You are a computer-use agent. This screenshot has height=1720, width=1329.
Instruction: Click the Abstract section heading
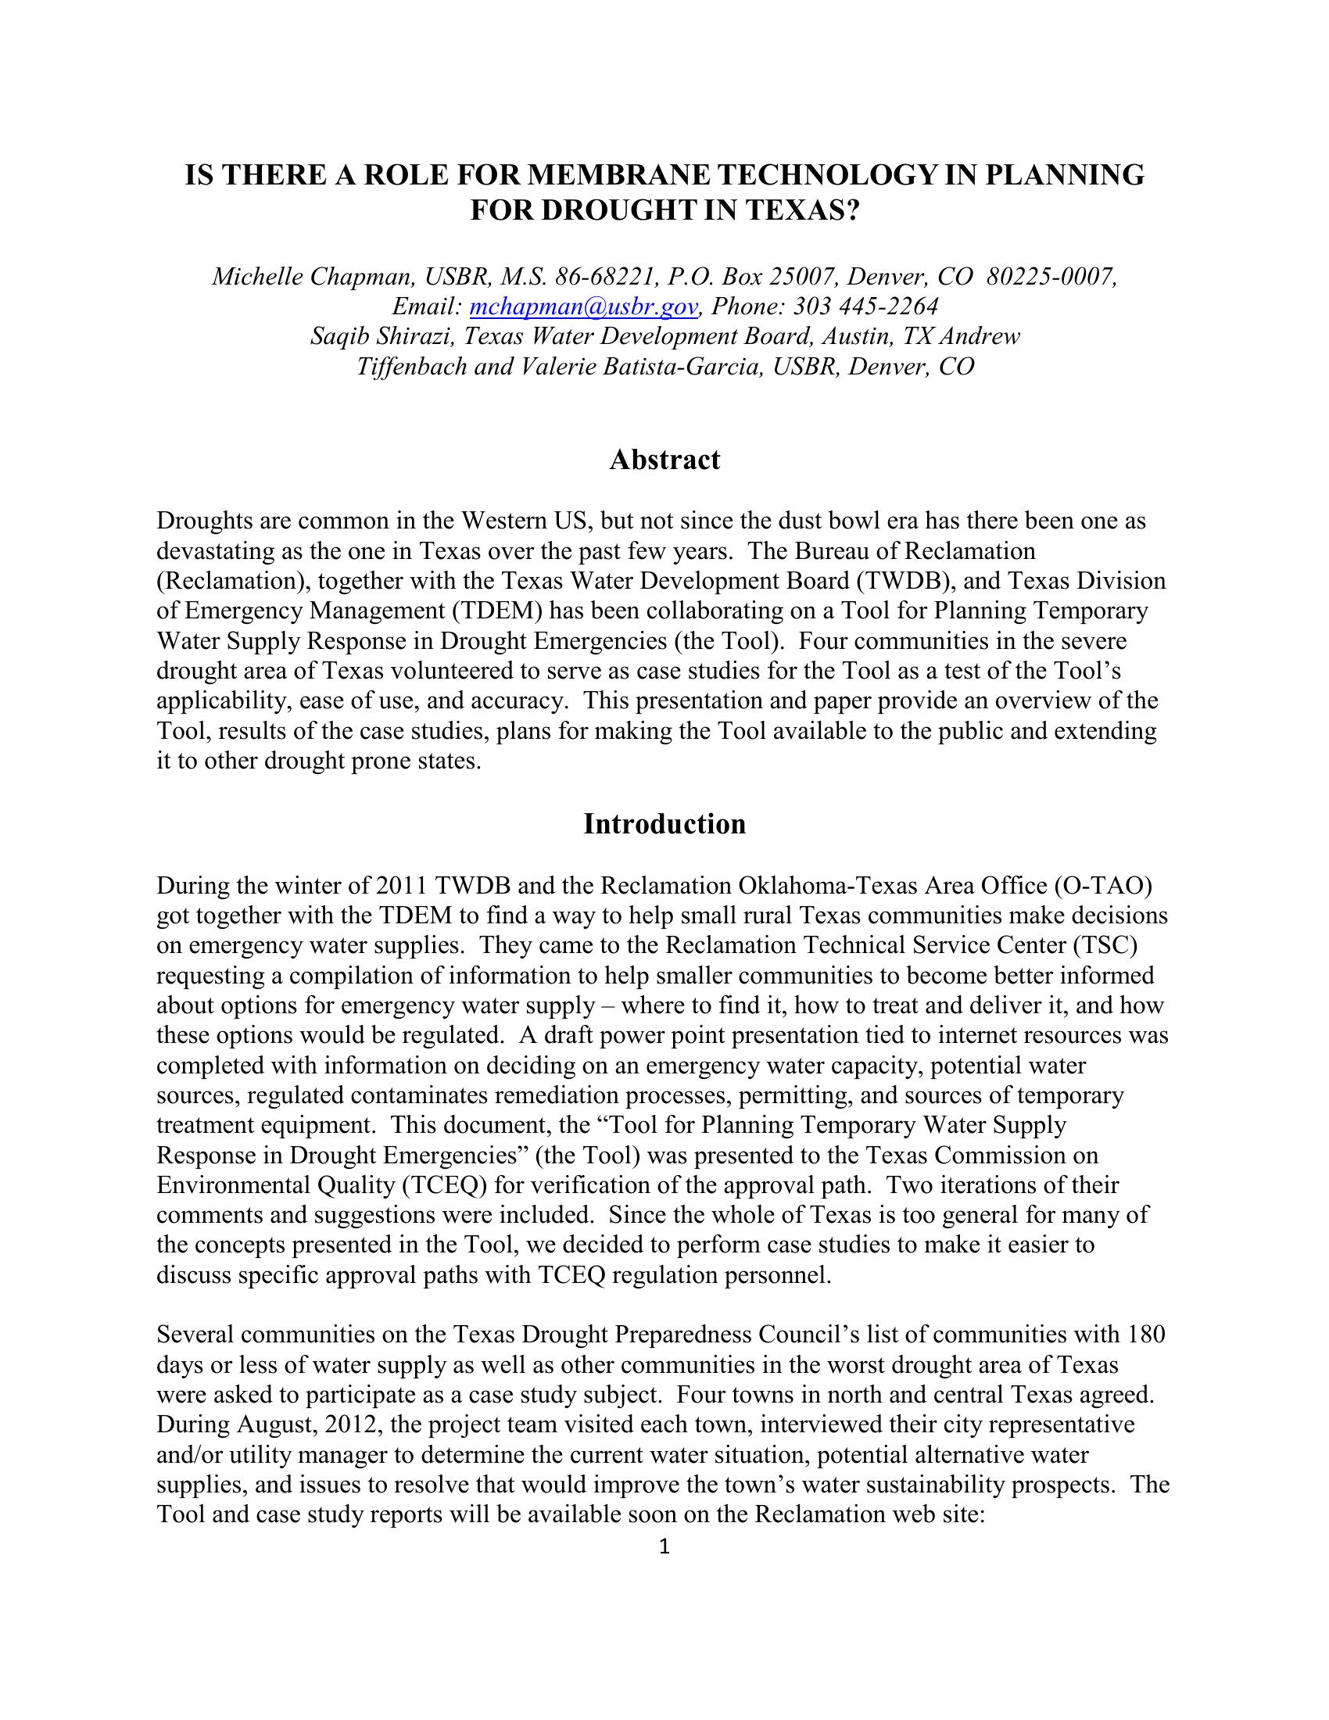[x=664, y=460]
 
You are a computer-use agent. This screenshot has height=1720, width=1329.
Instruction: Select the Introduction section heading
[x=664, y=824]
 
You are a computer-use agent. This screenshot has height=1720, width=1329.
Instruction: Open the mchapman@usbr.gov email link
[x=583, y=306]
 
